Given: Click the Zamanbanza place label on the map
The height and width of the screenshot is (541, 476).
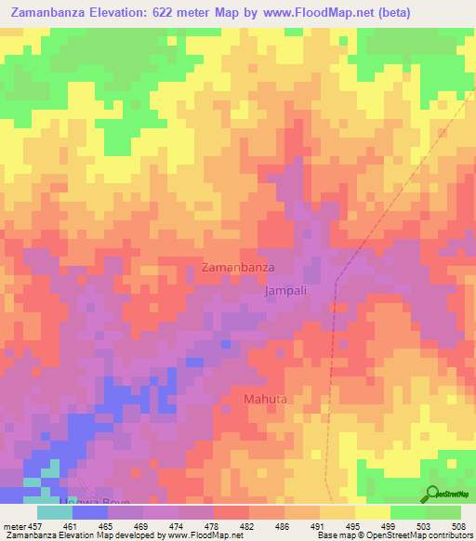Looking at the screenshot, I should tap(237, 268).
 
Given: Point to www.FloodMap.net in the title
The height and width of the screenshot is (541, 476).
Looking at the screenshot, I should tap(304, 12).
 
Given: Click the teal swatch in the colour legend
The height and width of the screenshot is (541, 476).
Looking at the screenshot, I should tap(55, 512).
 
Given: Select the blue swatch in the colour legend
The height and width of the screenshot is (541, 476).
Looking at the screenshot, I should tap(90, 512).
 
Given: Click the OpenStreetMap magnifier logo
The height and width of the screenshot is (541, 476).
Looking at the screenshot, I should tap(432, 493).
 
